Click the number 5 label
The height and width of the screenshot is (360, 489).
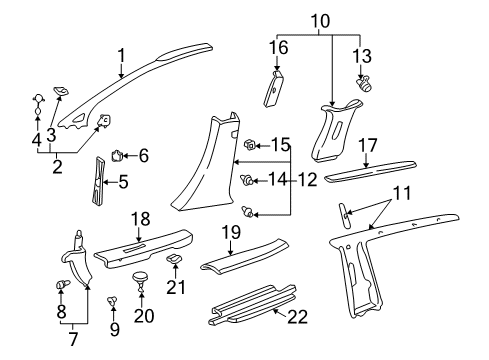[x=124, y=182]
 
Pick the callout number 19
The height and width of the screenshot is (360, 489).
[x=229, y=260]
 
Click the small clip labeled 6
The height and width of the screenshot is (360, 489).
[x=117, y=155]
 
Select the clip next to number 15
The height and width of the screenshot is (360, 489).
[x=251, y=145]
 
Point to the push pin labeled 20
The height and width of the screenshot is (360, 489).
[x=139, y=279]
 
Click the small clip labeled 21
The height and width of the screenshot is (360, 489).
[x=174, y=261]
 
